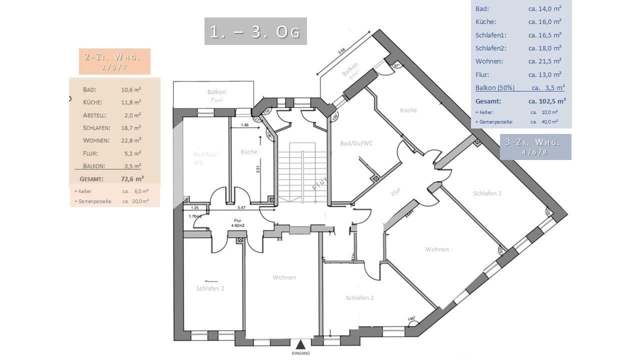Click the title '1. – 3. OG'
coord(255,31)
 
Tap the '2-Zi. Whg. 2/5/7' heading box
coord(114,61)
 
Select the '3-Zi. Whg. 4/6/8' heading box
coord(535,147)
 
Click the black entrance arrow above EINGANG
coord(300,344)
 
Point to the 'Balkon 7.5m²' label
coord(216,95)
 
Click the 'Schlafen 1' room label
coord(487,193)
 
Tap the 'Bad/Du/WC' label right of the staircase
coord(356,143)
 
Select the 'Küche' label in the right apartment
coord(408,110)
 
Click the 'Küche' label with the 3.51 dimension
coord(249,152)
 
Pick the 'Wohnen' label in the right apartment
coord(437,249)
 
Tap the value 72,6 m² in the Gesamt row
coord(132,178)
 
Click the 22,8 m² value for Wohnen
coord(131,140)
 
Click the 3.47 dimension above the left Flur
coord(241,207)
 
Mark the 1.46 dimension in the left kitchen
coord(244,125)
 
